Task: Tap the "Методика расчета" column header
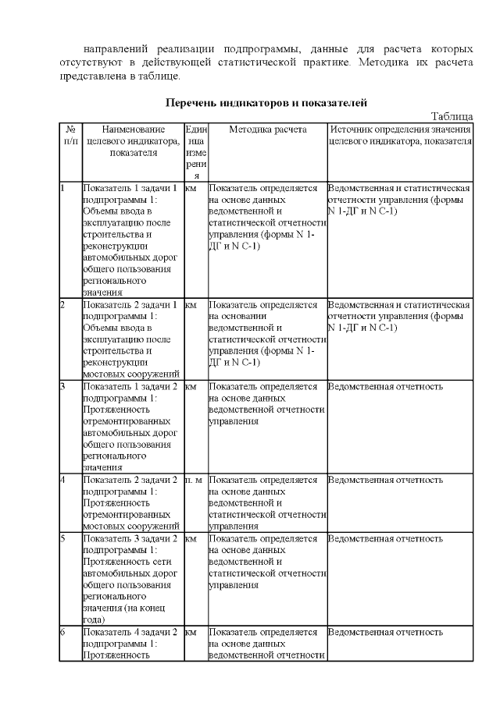coord(267,129)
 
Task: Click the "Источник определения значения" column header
coord(400,135)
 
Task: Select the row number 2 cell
coord(62,304)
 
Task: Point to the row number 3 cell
coord(62,386)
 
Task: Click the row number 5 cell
coord(62,538)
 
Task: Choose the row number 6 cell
coord(62,632)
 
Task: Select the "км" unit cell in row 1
coord(191,189)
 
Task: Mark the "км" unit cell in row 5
coord(191,538)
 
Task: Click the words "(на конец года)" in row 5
coord(121,613)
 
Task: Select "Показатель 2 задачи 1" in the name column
coord(130,304)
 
